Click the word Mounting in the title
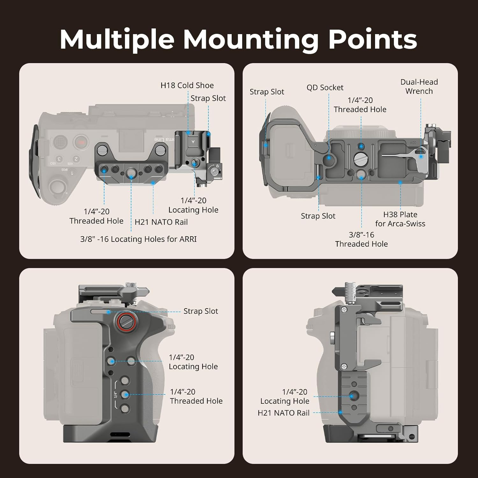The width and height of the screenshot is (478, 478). tap(250, 40)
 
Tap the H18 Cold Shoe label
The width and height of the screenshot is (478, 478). tap(187, 85)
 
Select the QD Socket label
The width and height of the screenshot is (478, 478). tap(325, 88)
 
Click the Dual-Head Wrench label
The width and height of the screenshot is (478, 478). tap(419, 86)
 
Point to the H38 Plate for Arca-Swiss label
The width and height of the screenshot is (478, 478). tap(400, 219)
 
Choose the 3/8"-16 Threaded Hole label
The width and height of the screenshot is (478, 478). tap(361, 239)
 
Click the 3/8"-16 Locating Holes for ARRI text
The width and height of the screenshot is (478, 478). tap(138, 239)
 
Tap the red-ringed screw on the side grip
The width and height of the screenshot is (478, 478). tap(125, 321)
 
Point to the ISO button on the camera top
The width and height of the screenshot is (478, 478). tap(53, 163)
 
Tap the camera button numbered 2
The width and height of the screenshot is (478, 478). tap(76, 159)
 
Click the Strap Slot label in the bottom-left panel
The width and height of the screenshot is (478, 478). tap(200, 311)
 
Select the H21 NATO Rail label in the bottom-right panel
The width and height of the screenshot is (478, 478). tap(283, 413)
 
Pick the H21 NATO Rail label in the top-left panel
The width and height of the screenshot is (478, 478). tap(161, 222)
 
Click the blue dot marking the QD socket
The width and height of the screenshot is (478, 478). tap(329, 157)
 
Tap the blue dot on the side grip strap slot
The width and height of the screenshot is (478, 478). tap(109, 312)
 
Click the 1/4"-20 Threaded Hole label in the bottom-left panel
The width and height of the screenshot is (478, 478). tap(196, 396)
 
